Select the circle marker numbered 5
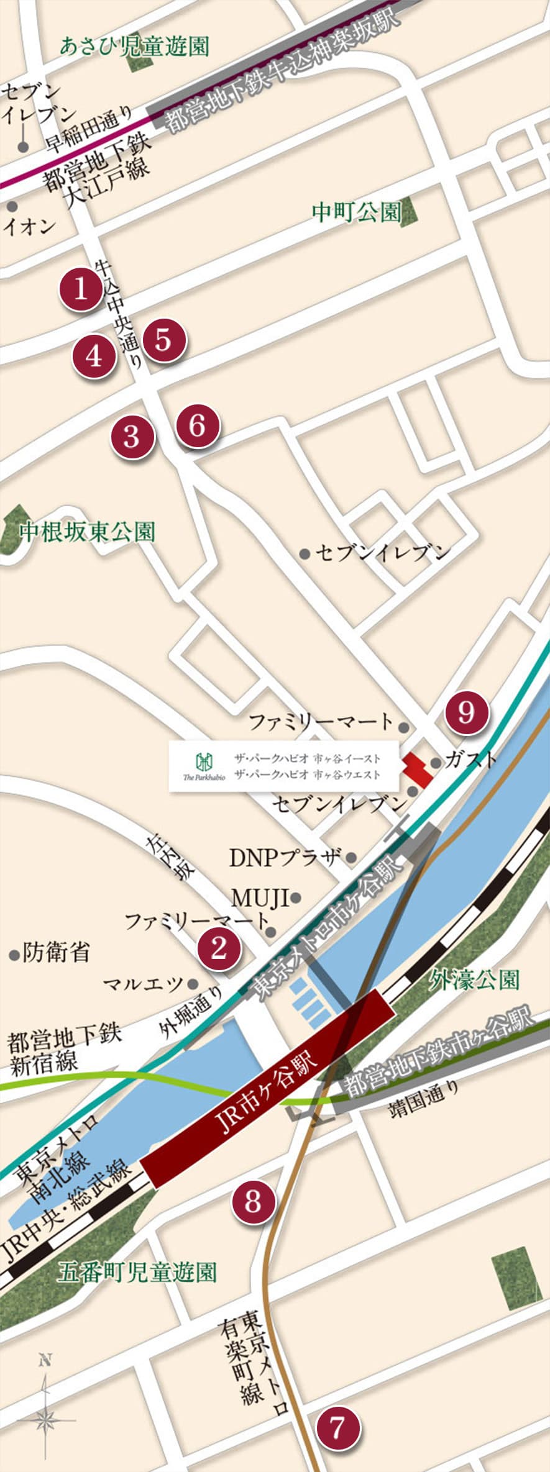coord(163,340)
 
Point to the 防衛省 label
coord(56,952)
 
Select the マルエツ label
coord(143,983)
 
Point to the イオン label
coord(29,226)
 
